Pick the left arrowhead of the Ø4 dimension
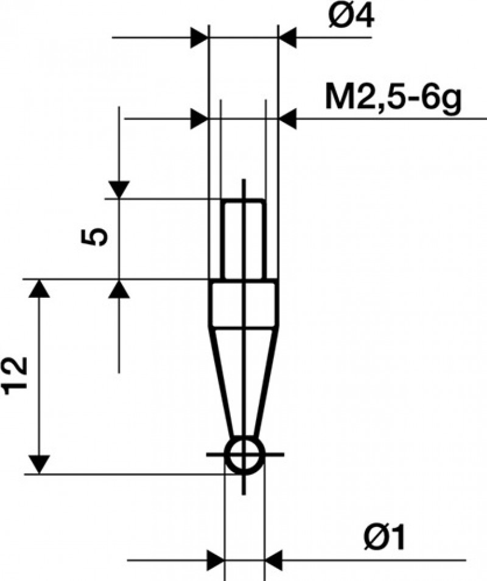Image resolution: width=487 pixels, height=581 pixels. (199, 38)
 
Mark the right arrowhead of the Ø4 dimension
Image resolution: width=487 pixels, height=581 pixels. (287, 38)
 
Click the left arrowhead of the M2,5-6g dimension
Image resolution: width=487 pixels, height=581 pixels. (199, 119)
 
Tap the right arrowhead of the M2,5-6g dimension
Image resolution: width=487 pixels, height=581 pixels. (287, 119)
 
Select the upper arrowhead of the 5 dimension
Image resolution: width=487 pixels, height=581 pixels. (119, 190)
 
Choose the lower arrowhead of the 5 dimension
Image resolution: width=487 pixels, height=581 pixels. (119, 289)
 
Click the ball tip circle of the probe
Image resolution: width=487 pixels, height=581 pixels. (243, 455)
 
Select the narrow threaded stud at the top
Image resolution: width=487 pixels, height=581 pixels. (243, 239)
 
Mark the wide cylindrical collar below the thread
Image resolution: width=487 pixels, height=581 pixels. (243, 303)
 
